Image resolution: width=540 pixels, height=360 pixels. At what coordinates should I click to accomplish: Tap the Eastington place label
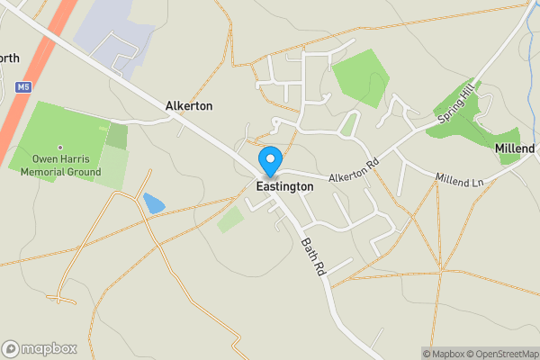(284, 186)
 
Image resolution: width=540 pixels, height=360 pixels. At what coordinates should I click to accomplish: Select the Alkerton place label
(189, 105)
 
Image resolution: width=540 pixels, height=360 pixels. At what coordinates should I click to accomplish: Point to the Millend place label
(515, 148)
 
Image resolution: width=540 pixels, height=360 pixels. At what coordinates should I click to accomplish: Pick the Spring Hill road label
(454, 107)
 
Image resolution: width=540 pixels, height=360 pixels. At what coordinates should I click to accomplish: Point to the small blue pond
(154, 202)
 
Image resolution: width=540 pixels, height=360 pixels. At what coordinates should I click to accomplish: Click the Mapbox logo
(40, 348)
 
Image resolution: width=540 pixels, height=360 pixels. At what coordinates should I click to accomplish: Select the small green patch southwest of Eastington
(230, 219)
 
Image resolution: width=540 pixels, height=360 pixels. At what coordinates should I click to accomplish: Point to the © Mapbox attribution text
(442, 354)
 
